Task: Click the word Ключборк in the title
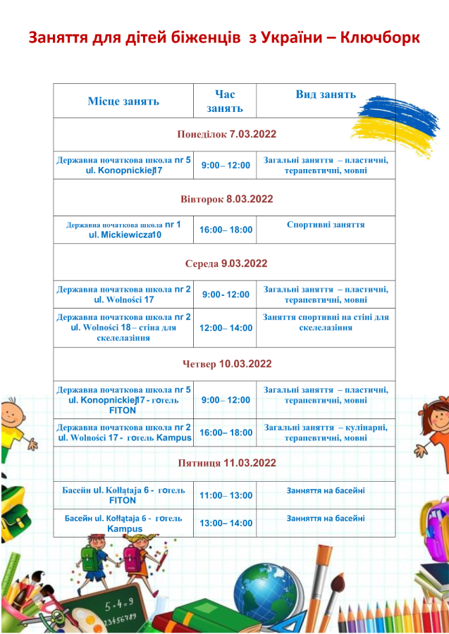[x=380, y=37]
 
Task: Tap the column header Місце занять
[x=123, y=101]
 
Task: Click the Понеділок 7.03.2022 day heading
[x=226, y=134]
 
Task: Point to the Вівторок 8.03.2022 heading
[x=226, y=199]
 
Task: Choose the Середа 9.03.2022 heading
[x=226, y=263]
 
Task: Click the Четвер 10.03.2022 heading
[x=226, y=364]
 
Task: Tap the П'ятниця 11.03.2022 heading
[x=226, y=463]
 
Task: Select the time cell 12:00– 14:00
[x=226, y=328]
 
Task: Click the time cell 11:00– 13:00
[x=226, y=495]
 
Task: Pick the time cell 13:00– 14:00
[x=226, y=523]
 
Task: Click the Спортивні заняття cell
[x=326, y=225]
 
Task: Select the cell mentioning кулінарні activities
[x=326, y=432]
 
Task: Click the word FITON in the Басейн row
[x=123, y=500]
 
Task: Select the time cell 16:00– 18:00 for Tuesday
[x=226, y=230]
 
